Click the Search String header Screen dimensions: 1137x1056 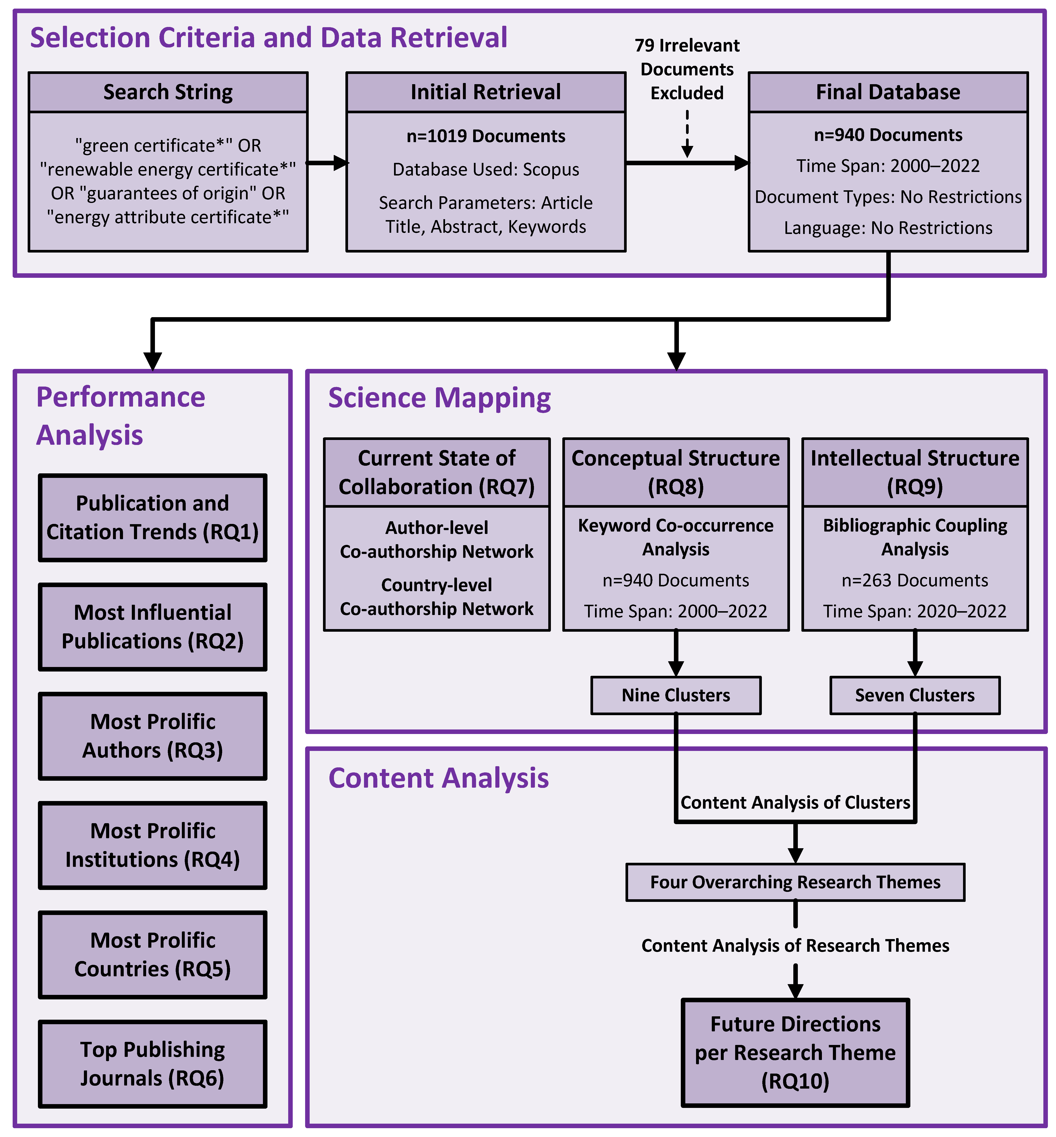click(x=168, y=92)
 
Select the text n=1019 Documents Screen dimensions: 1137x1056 click(x=486, y=136)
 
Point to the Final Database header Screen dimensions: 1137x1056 click(x=888, y=92)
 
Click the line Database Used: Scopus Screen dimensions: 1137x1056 click(x=486, y=169)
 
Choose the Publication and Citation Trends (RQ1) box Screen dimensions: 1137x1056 click(x=153, y=517)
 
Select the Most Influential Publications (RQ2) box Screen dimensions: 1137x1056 click(x=153, y=626)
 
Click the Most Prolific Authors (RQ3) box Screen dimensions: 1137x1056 click(x=153, y=736)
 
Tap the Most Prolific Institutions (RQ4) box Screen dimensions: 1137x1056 click(x=153, y=845)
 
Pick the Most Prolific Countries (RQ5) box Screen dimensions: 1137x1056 click(x=153, y=954)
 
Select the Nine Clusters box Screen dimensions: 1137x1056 click(x=676, y=695)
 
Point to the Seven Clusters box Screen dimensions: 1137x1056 click(x=915, y=695)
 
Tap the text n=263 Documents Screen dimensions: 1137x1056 click(x=915, y=580)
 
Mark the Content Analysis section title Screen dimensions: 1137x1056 click(x=438, y=778)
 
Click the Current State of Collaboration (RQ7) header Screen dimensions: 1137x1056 click(x=436, y=472)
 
